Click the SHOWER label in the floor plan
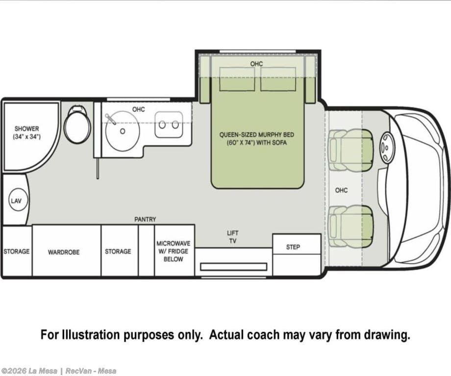coord(27,128)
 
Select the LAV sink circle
coord(16,201)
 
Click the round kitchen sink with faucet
coord(123,131)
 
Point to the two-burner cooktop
coord(169,125)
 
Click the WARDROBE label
coord(64,252)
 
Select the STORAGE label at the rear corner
coord(16,251)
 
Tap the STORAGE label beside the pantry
coord(118,251)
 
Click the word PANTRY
coord(145,219)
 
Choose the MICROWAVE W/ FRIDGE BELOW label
coord(173,251)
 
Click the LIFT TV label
coord(233,237)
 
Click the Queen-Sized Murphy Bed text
coord(256,138)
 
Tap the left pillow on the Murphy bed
coord(237,79)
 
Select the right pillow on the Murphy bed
coord(278,79)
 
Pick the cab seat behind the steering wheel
coord(351,150)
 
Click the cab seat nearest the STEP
coord(351,226)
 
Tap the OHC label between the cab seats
coord(341,190)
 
